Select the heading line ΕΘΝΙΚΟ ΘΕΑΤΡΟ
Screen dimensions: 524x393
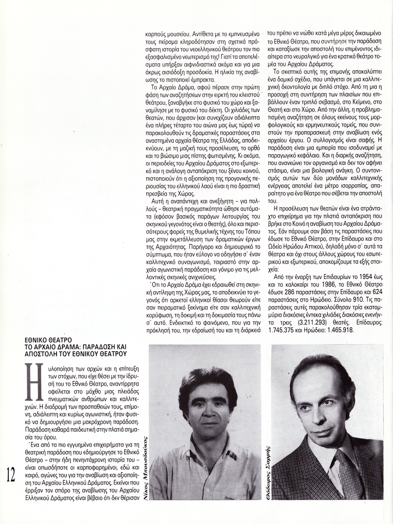coord(48,339)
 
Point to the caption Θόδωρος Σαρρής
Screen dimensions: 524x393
coord(266,462)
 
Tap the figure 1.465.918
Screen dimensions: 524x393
coord(345,331)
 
